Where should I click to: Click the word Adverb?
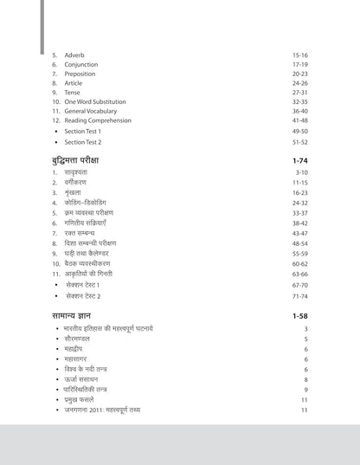pyautogui.click(x=76, y=54)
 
